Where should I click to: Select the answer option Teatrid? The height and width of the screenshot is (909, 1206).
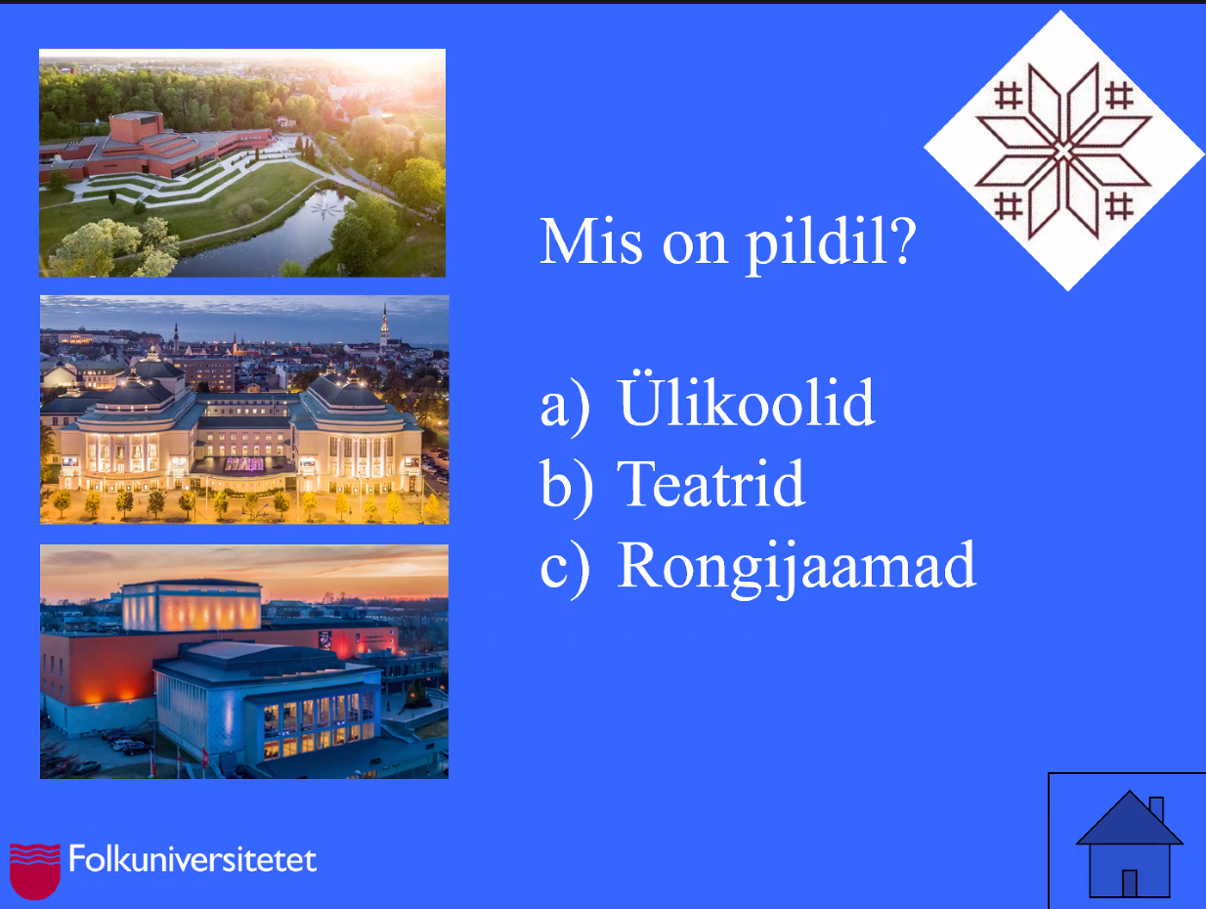(711, 484)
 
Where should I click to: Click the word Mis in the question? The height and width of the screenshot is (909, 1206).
(590, 240)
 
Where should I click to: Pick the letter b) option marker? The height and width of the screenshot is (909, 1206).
(567, 488)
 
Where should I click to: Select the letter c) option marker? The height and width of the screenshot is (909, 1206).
(565, 569)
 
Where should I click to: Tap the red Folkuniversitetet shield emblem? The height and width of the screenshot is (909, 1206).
(35, 871)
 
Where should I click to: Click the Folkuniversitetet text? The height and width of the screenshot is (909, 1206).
(193, 859)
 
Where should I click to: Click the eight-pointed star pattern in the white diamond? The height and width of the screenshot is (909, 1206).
(1063, 151)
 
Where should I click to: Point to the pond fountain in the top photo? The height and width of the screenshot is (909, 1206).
(328, 207)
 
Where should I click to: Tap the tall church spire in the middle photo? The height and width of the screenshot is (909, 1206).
(385, 325)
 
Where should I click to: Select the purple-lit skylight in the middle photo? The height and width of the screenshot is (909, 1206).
(244, 464)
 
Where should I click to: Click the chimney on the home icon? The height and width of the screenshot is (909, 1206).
(1156, 809)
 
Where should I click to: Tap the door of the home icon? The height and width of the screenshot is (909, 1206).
(1130, 884)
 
